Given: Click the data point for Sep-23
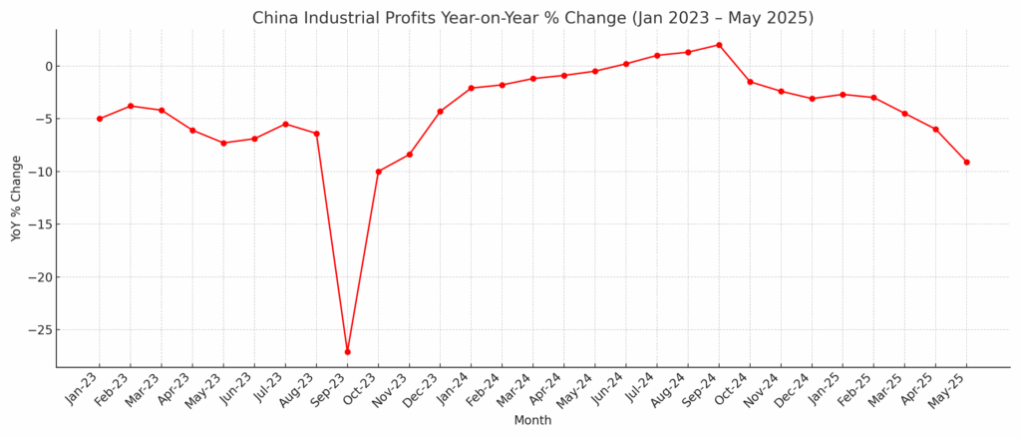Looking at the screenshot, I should [x=347, y=351].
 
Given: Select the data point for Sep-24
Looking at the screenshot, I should [x=719, y=45].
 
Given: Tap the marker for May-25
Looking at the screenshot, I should [x=966, y=162].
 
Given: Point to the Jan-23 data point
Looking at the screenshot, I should [x=100, y=119].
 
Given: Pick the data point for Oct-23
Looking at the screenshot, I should [x=378, y=172].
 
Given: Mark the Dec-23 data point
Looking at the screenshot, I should [x=440, y=111].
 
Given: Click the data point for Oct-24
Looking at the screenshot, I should [x=750, y=82].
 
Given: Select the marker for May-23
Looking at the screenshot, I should [x=223, y=143].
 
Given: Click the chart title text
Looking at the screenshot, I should [x=532, y=18].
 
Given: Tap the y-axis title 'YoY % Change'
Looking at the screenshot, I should [x=16, y=198].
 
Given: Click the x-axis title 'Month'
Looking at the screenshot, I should [x=532, y=420].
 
